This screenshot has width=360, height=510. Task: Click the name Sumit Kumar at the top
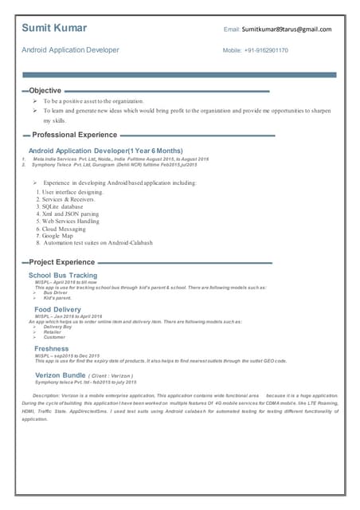tap(54, 29)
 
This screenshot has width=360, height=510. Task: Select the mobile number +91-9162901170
tap(266, 50)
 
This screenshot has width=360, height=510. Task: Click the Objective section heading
tap(45, 91)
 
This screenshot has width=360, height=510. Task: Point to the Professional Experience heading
tap(75, 135)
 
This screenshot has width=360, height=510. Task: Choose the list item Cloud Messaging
tap(68, 229)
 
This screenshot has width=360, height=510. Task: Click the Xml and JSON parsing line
tap(70, 214)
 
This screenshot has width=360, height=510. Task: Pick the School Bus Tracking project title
tap(63, 276)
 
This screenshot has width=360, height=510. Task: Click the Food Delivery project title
tap(57, 309)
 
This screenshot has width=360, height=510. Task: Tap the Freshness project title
tap(52, 348)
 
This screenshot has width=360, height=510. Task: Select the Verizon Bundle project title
tap(61, 375)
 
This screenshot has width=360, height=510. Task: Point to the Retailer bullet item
tap(54, 332)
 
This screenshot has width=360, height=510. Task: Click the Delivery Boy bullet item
tap(58, 327)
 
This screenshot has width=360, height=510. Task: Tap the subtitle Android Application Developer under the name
tap(70, 50)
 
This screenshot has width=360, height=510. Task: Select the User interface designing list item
tap(72, 192)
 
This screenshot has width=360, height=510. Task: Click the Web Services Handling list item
tap(70, 222)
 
